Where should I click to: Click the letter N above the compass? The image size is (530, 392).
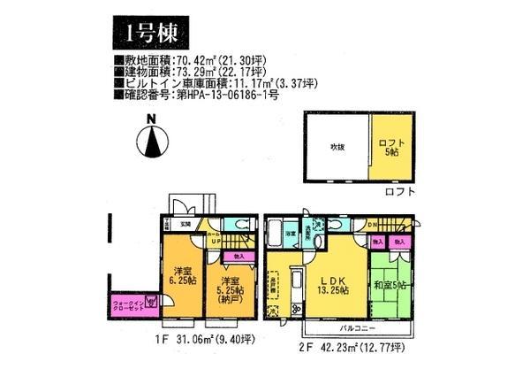(152, 120)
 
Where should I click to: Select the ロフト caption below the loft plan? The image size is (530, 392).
(398, 191)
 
